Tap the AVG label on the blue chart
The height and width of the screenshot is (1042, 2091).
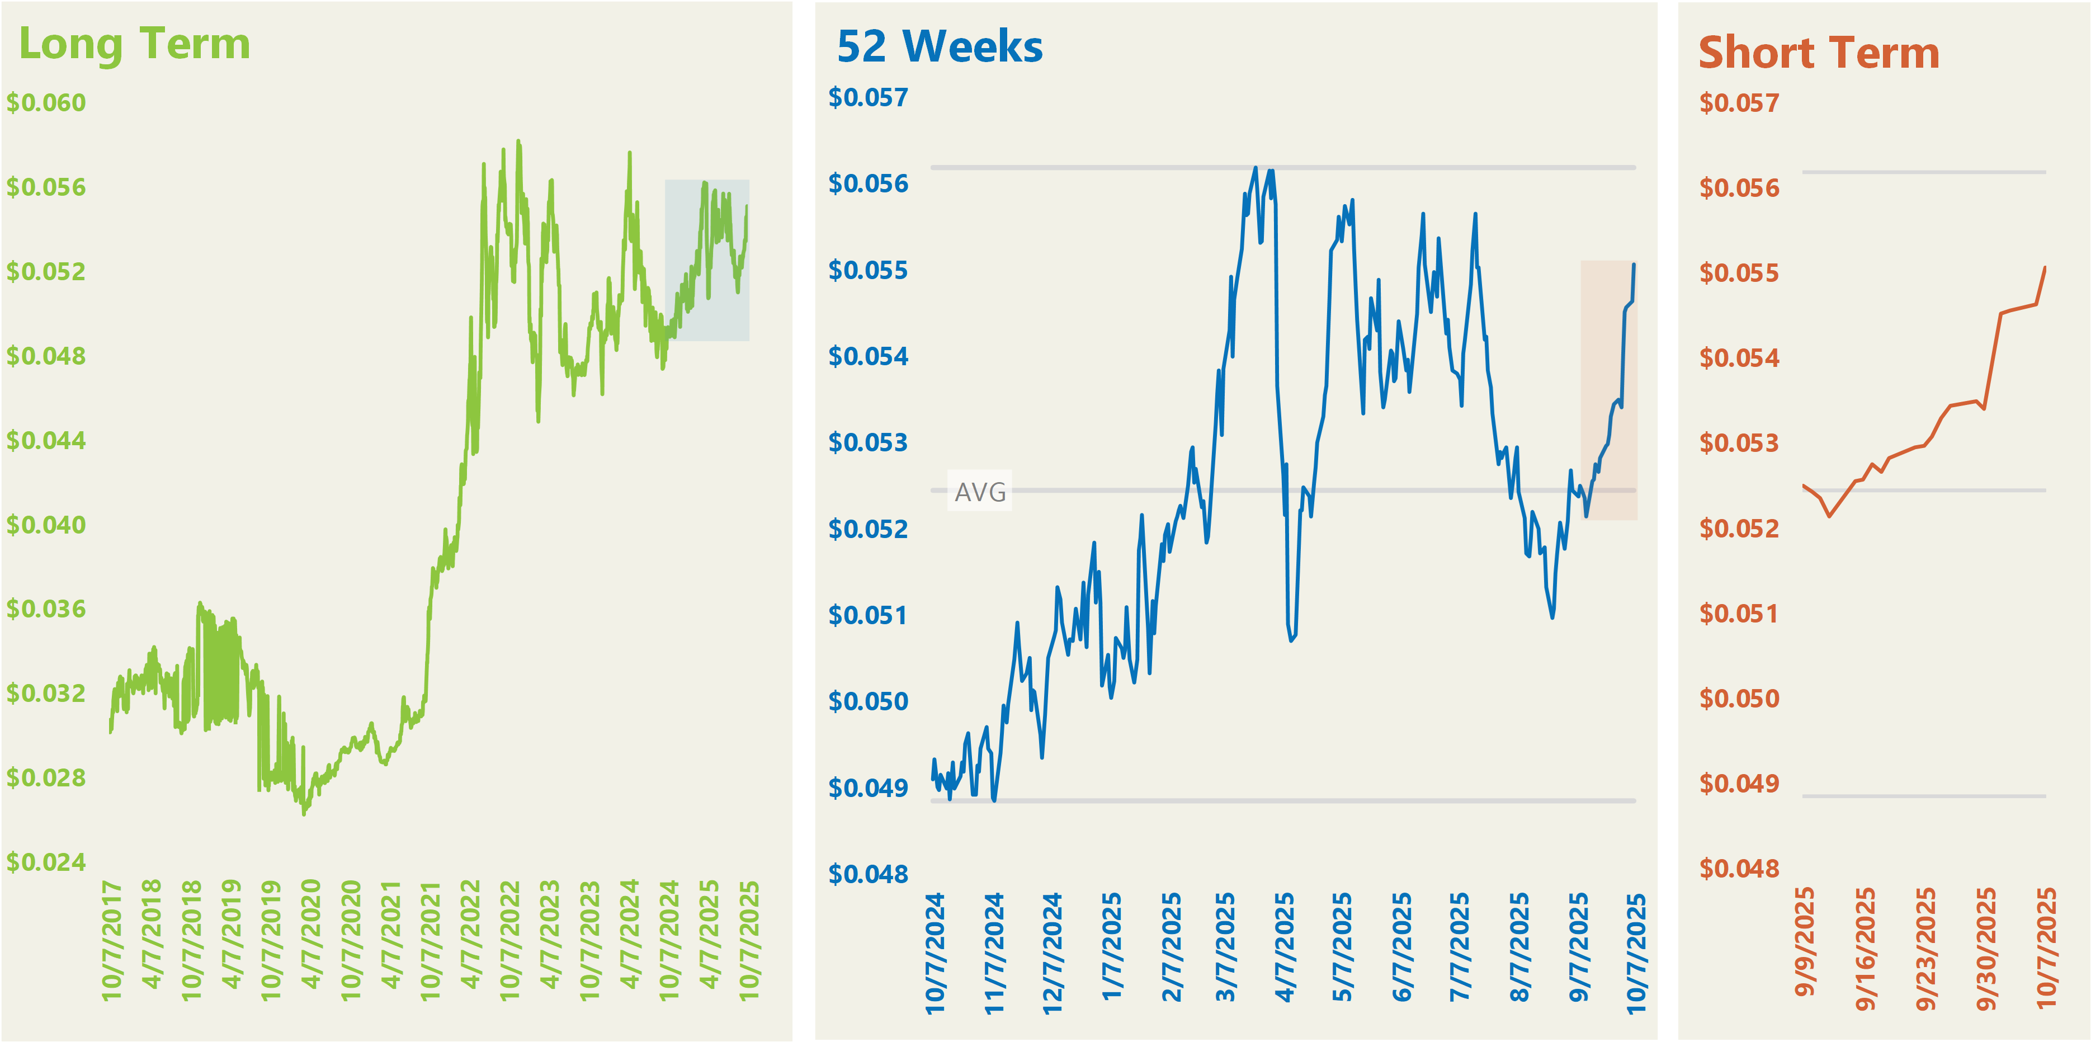click(980, 492)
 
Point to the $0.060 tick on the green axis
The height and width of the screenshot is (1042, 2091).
click(46, 103)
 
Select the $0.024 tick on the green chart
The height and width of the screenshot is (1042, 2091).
click(46, 862)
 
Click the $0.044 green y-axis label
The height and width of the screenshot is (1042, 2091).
click(46, 441)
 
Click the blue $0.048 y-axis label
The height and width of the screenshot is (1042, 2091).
click(868, 874)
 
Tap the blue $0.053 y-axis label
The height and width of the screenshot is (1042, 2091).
click(868, 442)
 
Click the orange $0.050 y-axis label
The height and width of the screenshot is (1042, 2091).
click(1739, 698)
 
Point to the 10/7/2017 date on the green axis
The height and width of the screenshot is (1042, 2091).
click(111, 940)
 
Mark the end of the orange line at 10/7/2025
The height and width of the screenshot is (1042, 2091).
click(2045, 268)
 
